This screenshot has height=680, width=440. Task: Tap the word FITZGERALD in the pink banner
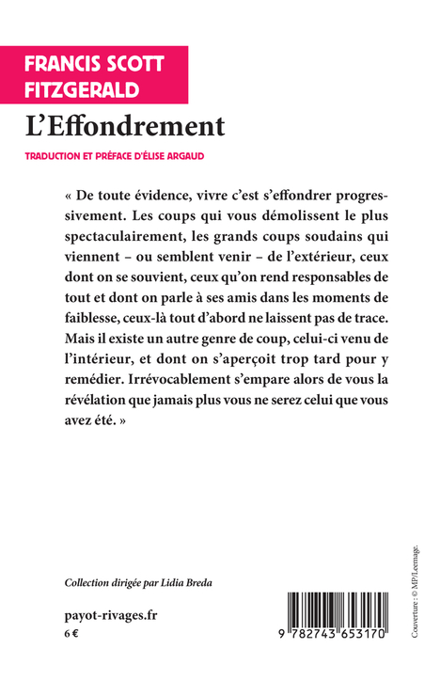pos(83,90)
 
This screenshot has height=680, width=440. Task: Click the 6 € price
pos(71,635)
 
